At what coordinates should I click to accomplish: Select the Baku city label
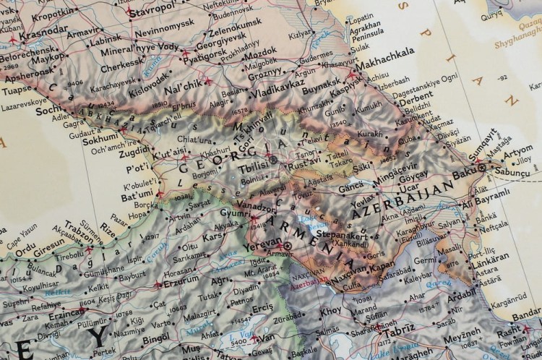[x=460, y=173]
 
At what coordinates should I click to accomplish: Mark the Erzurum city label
[x=181, y=281]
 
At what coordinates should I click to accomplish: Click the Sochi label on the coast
[x=49, y=111]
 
